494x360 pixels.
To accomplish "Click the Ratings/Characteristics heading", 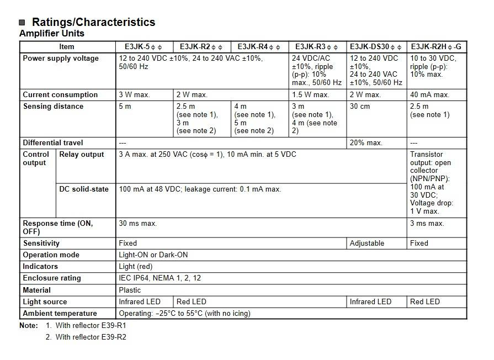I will pyautogui.click(x=93, y=22).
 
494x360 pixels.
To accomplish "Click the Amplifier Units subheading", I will pyautogui.click(x=52, y=34).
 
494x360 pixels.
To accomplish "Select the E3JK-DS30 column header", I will pyautogui.click(x=377, y=47).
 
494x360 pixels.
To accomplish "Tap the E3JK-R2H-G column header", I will pyautogui.click(x=436, y=47).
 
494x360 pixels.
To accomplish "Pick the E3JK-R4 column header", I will pyautogui.click(x=259, y=47).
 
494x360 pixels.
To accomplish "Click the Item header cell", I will pyautogui.click(x=67, y=47).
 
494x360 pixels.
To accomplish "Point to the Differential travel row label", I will pyautogui.click(x=53, y=142).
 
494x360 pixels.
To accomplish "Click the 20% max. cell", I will pyautogui.click(x=366, y=142).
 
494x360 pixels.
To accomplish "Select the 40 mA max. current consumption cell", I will pyautogui.click(x=429, y=94).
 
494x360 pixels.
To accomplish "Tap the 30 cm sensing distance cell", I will pyautogui.click(x=360, y=106).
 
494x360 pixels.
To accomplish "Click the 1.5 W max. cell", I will pyautogui.click(x=310, y=94).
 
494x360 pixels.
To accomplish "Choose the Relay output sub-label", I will pyautogui.click(x=82, y=155).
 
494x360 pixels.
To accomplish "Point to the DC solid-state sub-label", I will pyautogui.click(x=84, y=189).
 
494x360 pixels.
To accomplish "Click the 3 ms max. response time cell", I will pyautogui.click(x=427, y=224).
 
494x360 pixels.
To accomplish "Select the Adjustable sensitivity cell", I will pyautogui.click(x=367, y=243).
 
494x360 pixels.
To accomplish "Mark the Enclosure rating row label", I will pyautogui.click(x=52, y=278).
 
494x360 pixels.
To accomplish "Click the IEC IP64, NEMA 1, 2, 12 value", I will pyautogui.click(x=160, y=278).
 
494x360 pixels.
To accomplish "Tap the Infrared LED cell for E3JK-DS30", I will pyautogui.click(x=370, y=301).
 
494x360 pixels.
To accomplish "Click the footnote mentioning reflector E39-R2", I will pyautogui.click(x=91, y=337).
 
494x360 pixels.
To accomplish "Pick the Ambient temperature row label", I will pyautogui.click(x=60, y=313).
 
